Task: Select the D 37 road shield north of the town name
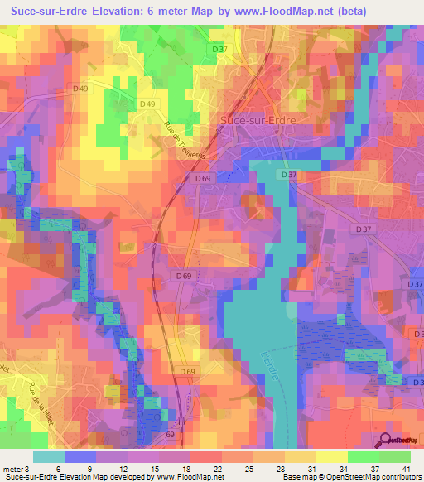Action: [219, 49]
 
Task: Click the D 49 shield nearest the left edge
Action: [80, 89]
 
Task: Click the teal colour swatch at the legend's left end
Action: [48, 456]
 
